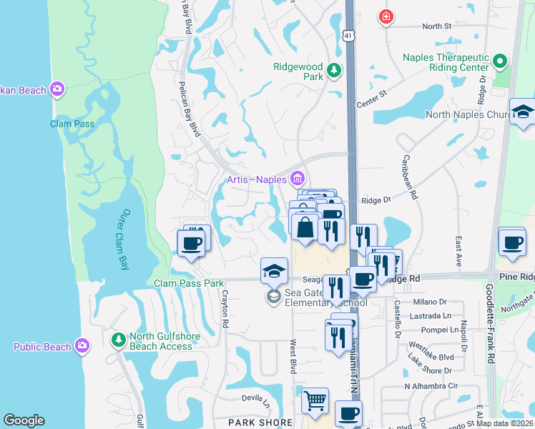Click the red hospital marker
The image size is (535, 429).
click(386, 16)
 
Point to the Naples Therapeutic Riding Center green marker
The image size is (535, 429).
click(501, 62)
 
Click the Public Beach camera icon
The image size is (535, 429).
click(82, 346)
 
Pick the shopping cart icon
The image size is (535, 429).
click(315, 400)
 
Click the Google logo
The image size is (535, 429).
click(24, 420)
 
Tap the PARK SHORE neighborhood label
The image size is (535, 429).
click(260, 423)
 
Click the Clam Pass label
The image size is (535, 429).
click(72, 124)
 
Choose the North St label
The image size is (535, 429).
click(436, 26)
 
